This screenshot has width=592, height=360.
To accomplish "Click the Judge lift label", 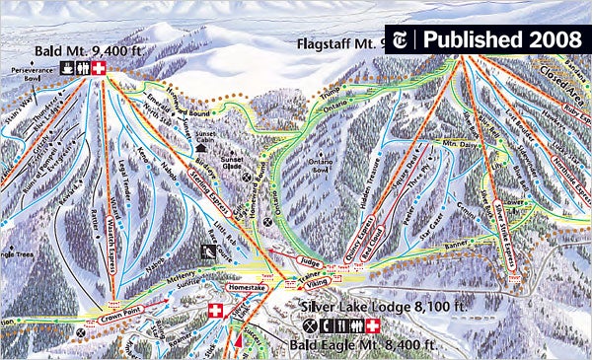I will point(308,261).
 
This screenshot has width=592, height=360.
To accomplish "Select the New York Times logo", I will point(404,38).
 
